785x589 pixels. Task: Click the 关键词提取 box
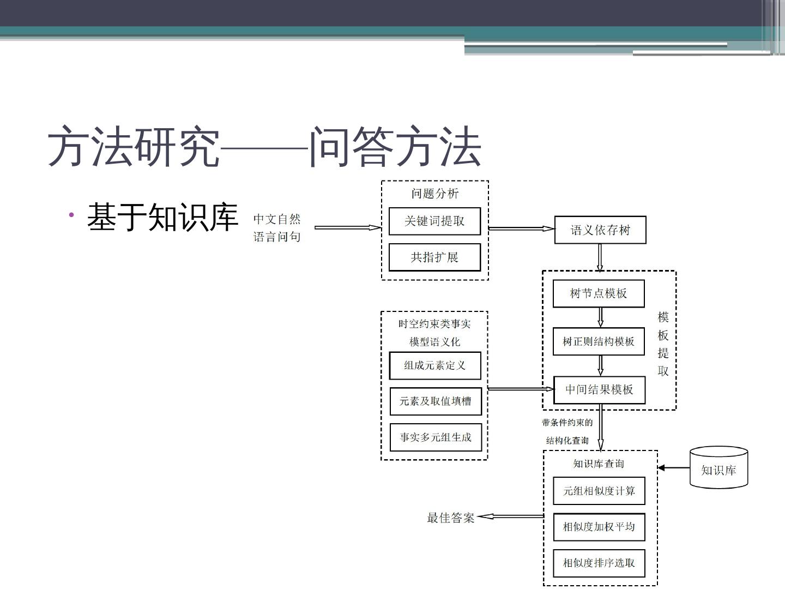(x=434, y=221)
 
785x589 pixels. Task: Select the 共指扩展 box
(x=434, y=257)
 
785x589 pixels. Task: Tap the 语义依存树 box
(x=600, y=230)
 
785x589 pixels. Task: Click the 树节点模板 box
(x=599, y=293)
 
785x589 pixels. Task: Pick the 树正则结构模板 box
(x=599, y=341)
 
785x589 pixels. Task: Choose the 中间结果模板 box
(x=599, y=389)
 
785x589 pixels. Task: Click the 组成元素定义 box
(x=435, y=365)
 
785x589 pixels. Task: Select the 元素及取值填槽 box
(x=436, y=401)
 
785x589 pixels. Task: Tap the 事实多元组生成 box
(x=436, y=437)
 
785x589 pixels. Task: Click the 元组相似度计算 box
(x=599, y=491)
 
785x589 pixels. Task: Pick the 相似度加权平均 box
(x=599, y=527)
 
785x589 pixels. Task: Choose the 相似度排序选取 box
(x=599, y=563)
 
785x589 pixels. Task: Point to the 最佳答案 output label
(x=450, y=518)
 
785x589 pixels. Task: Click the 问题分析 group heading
(x=435, y=194)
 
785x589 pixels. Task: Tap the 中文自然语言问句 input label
(x=277, y=227)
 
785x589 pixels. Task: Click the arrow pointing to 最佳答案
(x=510, y=516)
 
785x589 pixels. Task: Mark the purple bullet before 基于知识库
(x=71, y=215)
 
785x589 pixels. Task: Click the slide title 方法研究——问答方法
(x=264, y=147)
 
